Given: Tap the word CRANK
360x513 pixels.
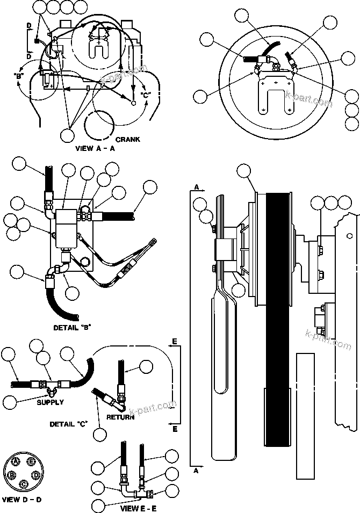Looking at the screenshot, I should [x=128, y=139].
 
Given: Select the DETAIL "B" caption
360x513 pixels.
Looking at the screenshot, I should [x=71, y=327].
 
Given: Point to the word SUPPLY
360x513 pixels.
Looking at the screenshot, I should [x=50, y=402].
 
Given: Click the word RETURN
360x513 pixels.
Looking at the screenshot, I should [x=120, y=417].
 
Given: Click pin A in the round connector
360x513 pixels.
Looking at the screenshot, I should [x=17, y=461].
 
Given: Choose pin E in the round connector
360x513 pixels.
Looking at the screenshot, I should [x=32, y=461].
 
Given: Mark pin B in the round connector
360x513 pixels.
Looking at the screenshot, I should [x=12, y=475].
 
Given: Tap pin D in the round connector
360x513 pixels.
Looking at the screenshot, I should [x=36, y=475].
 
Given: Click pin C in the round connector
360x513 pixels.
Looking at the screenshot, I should [x=24, y=484].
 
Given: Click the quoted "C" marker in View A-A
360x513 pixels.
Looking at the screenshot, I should [x=146, y=95].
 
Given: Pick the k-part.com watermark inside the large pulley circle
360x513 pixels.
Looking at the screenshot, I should [x=306, y=103].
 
